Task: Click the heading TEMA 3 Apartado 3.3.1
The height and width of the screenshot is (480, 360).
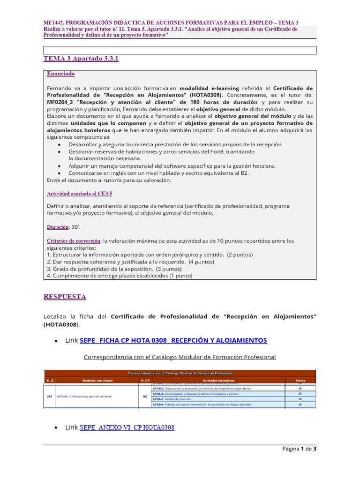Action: point(81,59)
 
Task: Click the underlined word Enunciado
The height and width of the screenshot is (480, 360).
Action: point(60,74)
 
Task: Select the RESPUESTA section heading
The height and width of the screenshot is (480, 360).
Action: point(65,297)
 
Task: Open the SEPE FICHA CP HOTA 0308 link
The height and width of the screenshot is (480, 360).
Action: point(173,340)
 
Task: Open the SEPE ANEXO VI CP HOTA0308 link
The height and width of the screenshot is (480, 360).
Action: point(127,427)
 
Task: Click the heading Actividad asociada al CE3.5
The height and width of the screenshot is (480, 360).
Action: point(79,194)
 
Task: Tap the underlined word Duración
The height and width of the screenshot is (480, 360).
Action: point(58,227)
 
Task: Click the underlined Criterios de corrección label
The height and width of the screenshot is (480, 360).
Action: point(74,241)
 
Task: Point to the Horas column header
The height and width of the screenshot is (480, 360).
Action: point(300,380)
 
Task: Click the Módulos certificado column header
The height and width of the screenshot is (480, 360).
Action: point(97,380)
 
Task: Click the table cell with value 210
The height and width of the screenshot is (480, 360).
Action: point(50,396)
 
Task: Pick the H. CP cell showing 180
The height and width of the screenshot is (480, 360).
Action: point(145,396)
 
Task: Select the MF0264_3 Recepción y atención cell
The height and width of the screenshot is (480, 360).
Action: point(84,396)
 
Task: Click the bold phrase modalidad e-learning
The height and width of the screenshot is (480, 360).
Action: point(209,88)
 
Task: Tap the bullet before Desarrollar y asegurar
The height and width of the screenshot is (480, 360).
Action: point(59,145)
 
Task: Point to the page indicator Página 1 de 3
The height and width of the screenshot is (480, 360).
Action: point(299,449)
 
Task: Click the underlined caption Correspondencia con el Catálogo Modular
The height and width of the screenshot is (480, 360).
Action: point(180,357)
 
